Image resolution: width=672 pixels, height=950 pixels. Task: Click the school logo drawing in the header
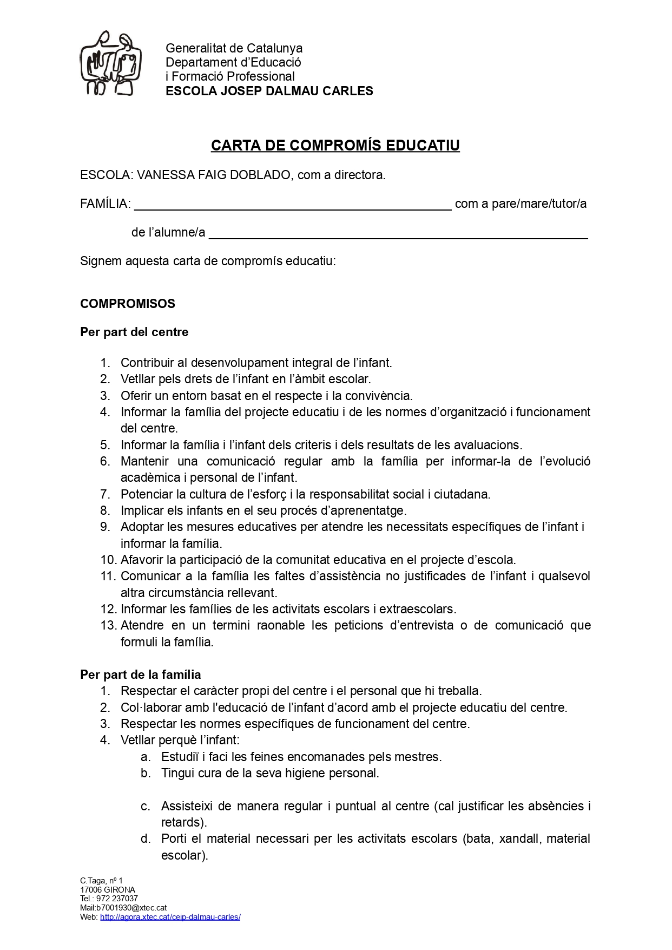coord(111,63)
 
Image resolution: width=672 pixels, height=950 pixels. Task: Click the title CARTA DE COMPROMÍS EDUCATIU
coord(335,146)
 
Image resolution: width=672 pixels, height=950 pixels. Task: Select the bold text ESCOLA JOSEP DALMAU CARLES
coord(269,91)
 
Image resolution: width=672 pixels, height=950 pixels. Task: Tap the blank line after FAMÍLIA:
coord(292,205)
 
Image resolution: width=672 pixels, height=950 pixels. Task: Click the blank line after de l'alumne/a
coord(398,233)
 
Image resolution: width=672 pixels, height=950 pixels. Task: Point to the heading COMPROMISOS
coord(128,304)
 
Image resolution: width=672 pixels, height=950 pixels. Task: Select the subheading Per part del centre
coord(134,332)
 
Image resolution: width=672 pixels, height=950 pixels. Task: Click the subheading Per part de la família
coord(141,674)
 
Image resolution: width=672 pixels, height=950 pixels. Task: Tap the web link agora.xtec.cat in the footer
coord(170,917)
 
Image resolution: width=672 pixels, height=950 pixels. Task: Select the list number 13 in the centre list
coord(108,626)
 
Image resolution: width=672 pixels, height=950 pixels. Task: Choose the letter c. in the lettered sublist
coord(145,807)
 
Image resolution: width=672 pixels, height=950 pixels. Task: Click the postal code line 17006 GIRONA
coord(108,890)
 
